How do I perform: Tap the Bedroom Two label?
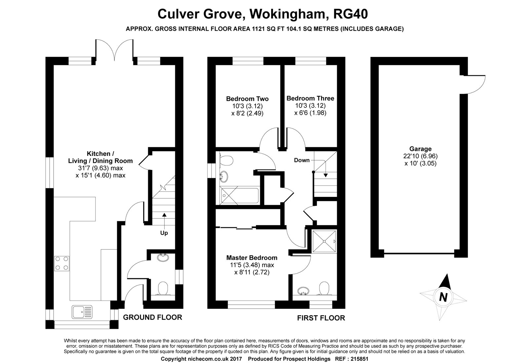point(247,99)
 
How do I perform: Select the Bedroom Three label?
point(310,98)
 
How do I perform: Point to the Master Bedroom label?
point(252,257)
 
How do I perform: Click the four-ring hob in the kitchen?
point(62,263)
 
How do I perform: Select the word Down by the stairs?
point(302,160)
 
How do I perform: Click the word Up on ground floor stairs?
point(164,233)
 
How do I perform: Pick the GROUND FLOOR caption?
point(152,317)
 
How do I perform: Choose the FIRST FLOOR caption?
point(321,318)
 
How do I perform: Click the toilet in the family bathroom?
point(225,161)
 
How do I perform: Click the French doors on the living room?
point(114,50)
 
